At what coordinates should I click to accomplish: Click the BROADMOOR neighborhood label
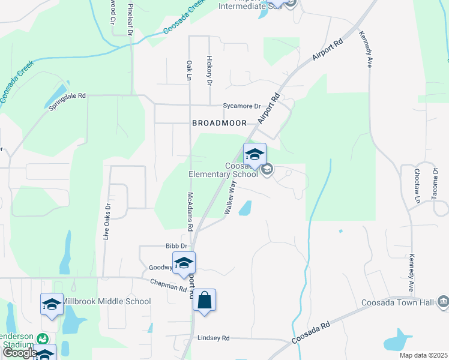pos(219,123)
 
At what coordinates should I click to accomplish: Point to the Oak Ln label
pos(189,70)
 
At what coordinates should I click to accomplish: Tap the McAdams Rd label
pos(190,212)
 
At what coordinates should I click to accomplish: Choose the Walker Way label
pos(229,199)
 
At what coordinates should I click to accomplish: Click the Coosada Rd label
pos(311,334)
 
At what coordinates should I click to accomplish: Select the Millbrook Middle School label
pos(106,301)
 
